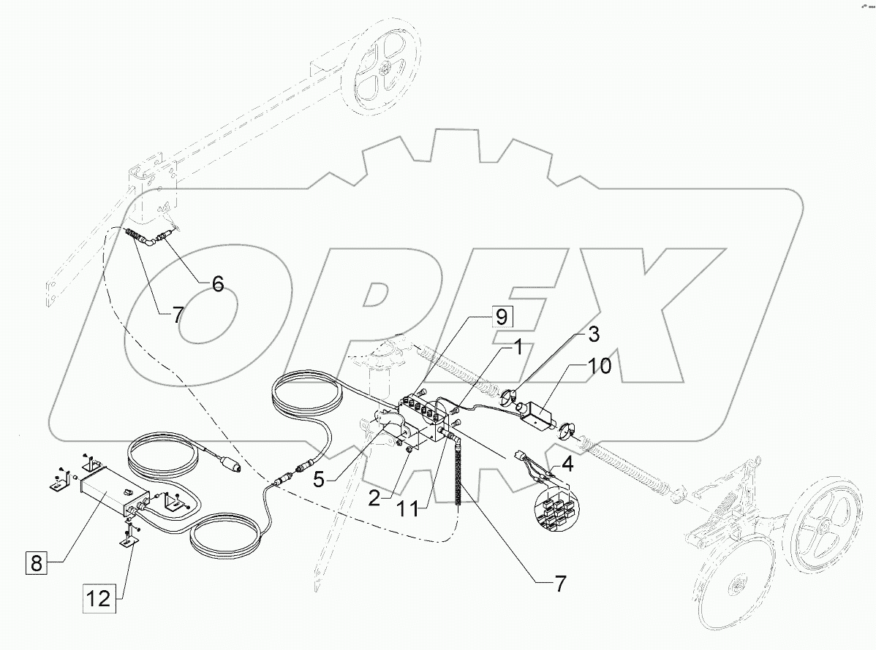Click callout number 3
(x=594, y=335)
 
